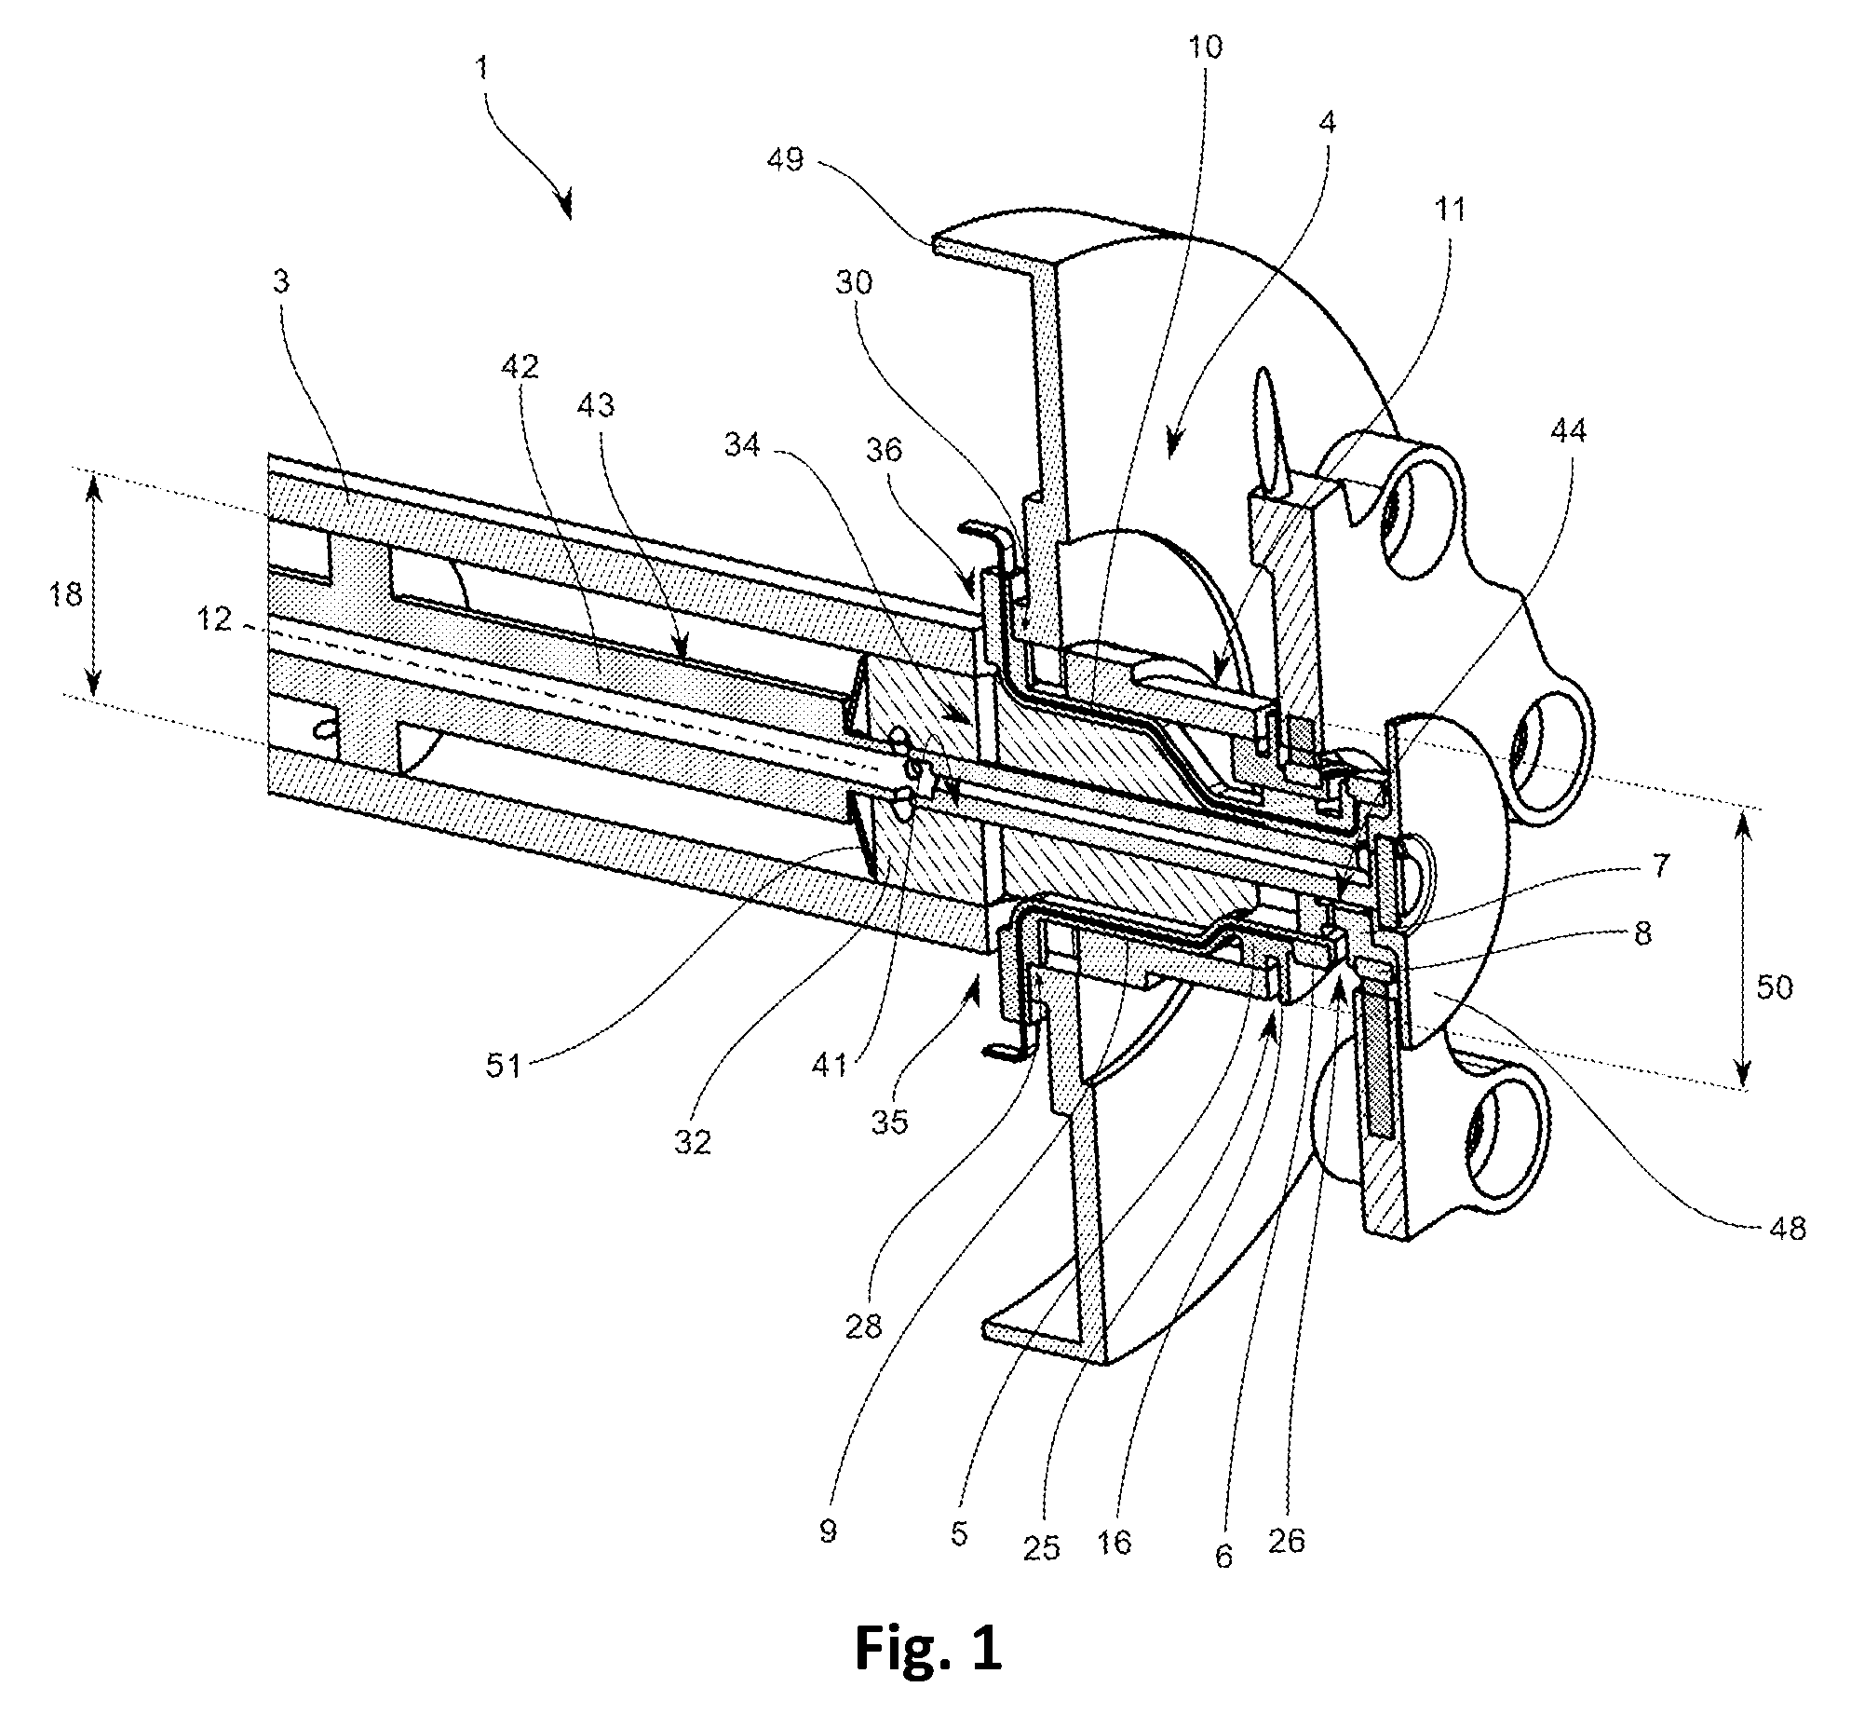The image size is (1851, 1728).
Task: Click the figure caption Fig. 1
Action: click(928, 1648)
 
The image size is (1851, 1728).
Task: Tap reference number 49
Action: click(785, 161)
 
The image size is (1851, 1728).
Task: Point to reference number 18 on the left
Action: click(65, 594)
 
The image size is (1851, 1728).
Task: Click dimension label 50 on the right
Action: click(1774, 986)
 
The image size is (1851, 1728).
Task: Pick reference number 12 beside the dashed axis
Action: click(214, 618)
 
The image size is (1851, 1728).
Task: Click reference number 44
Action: click(1570, 430)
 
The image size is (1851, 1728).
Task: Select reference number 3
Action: click(281, 281)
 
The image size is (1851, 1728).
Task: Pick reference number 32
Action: click(692, 1142)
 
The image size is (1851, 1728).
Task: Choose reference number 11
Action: click(1450, 210)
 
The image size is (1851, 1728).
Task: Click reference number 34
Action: click(744, 447)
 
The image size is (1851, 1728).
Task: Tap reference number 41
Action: click(829, 1063)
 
